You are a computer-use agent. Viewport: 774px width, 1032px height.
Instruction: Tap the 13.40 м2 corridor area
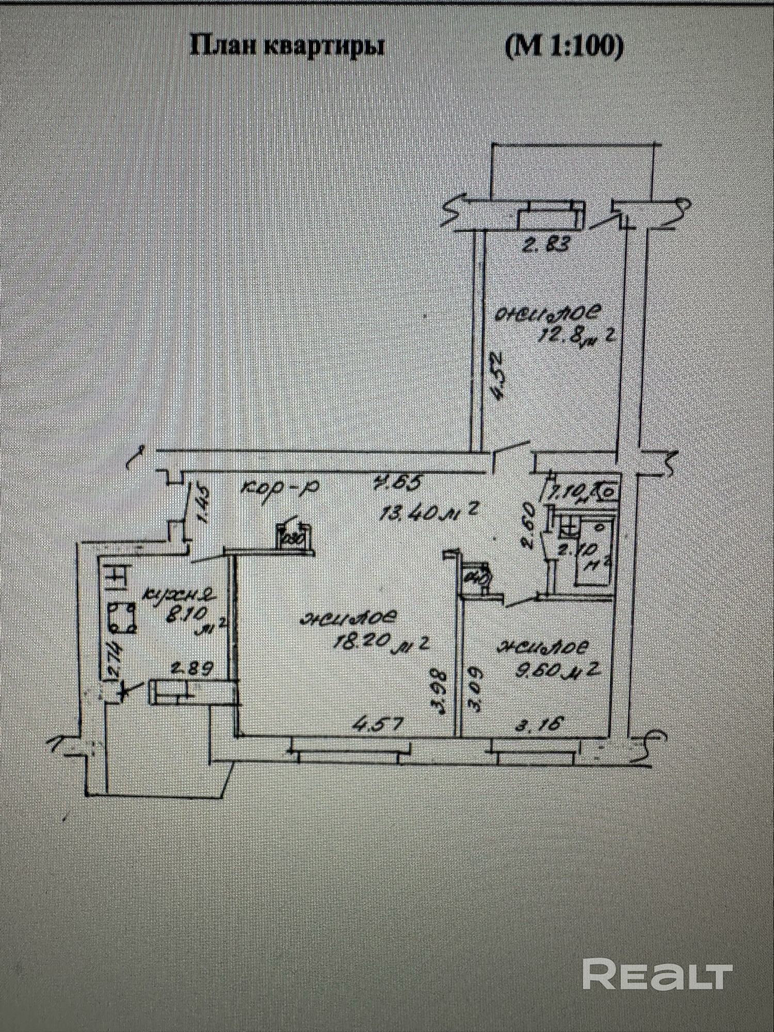point(427,512)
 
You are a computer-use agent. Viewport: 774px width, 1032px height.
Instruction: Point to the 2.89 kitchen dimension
point(192,669)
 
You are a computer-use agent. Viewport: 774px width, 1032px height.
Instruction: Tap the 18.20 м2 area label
point(382,642)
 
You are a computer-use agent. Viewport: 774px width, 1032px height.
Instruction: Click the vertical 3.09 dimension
point(475,689)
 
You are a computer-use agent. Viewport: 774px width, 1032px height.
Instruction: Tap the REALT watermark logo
point(657,974)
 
